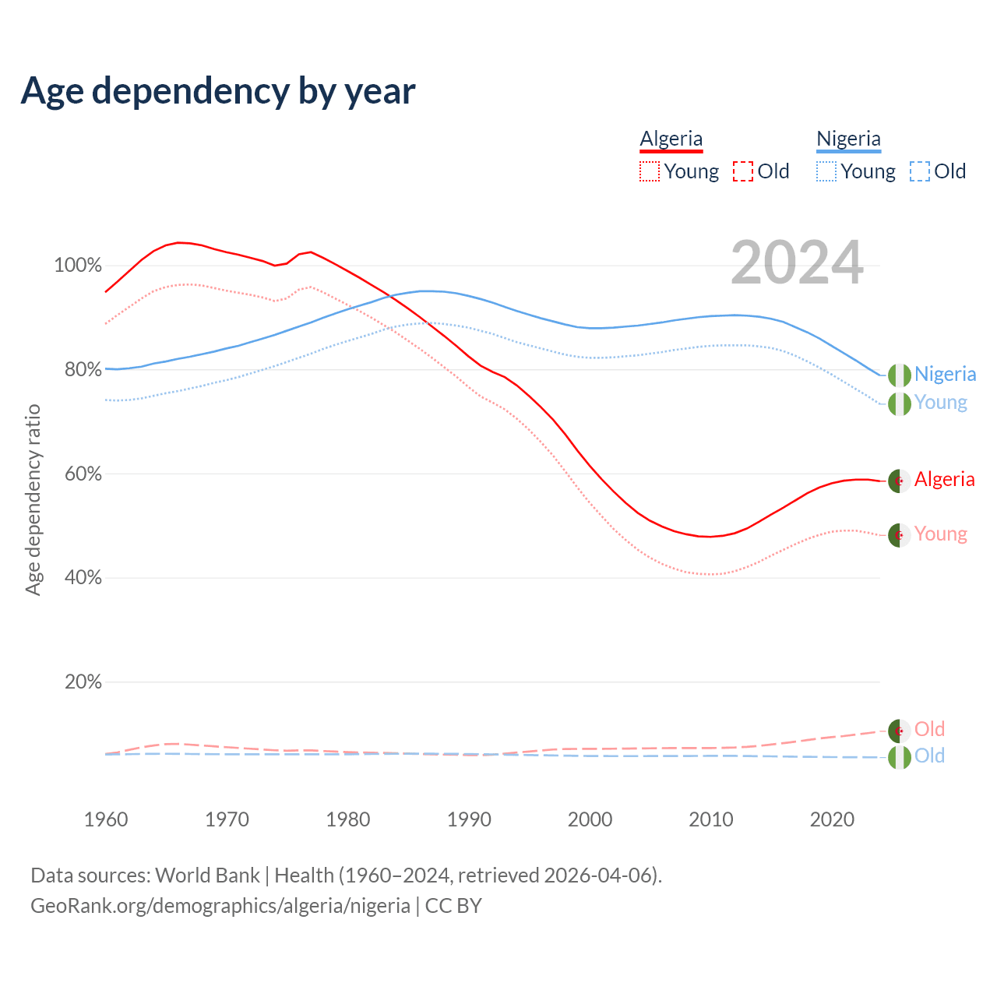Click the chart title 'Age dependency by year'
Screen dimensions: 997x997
tap(218, 91)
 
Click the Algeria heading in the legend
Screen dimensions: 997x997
tap(671, 139)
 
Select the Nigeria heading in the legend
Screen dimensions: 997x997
tap(848, 139)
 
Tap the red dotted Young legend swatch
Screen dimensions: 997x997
tap(649, 171)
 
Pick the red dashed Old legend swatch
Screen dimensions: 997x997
tap(743, 171)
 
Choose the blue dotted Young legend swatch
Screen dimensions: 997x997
tap(826, 171)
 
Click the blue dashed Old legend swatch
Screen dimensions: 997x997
tap(920, 171)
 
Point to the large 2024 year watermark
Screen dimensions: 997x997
tap(797, 262)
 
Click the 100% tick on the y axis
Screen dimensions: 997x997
tap(78, 266)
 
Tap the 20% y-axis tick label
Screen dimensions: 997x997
tap(83, 682)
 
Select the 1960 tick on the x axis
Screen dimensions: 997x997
tap(106, 819)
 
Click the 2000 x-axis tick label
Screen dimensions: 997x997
tap(590, 819)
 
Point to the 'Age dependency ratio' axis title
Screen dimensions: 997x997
tap(33, 499)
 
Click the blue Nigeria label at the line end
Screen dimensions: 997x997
tap(945, 374)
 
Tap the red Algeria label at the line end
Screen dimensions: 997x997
tap(944, 479)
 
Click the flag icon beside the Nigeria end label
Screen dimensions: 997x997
tap(900, 375)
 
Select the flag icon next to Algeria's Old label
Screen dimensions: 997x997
tap(900, 731)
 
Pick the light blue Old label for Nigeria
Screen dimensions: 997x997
tap(929, 756)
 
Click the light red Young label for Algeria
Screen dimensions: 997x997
tap(940, 534)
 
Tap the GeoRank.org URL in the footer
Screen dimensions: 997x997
tap(220, 906)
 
